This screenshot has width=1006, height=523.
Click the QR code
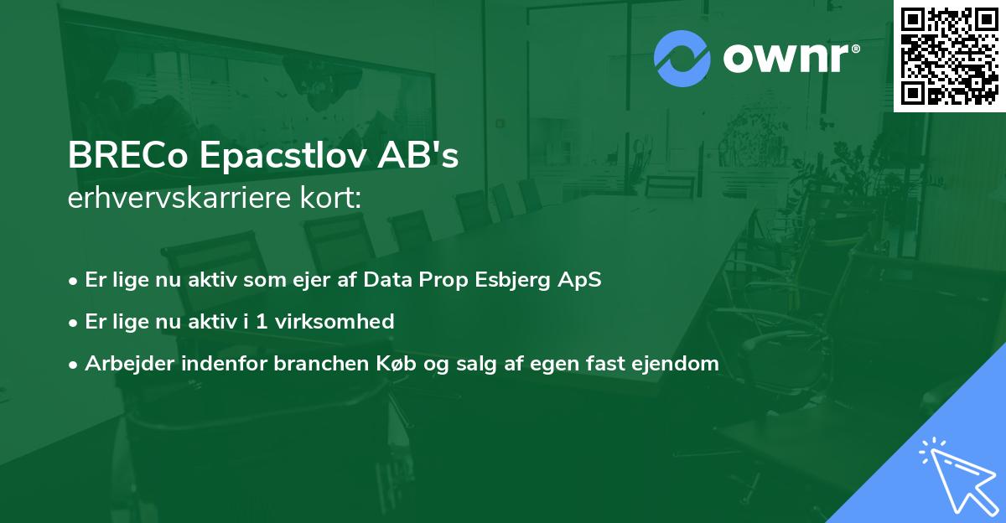coord(949,56)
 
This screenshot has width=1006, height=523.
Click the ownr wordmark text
coord(789,59)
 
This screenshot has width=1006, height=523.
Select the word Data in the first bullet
coord(387,280)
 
